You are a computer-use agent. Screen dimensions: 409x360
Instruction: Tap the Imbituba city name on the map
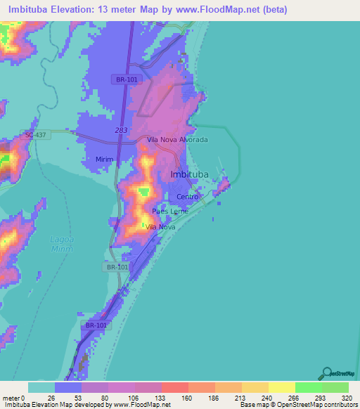coord(191,175)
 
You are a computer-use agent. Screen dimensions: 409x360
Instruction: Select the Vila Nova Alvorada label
coord(177,140)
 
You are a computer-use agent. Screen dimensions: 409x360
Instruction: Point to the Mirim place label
coord(104,160)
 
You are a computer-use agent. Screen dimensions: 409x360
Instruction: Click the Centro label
coord(188,197)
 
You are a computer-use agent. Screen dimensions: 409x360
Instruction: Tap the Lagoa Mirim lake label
coord(62,243)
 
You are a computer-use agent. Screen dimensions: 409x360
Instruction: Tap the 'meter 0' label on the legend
coord(13,397)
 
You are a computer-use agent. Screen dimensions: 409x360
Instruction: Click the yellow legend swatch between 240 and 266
coord(281,387)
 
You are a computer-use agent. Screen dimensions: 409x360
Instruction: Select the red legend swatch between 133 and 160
coord(174,387)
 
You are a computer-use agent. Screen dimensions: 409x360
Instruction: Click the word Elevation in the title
coord(84,9)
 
